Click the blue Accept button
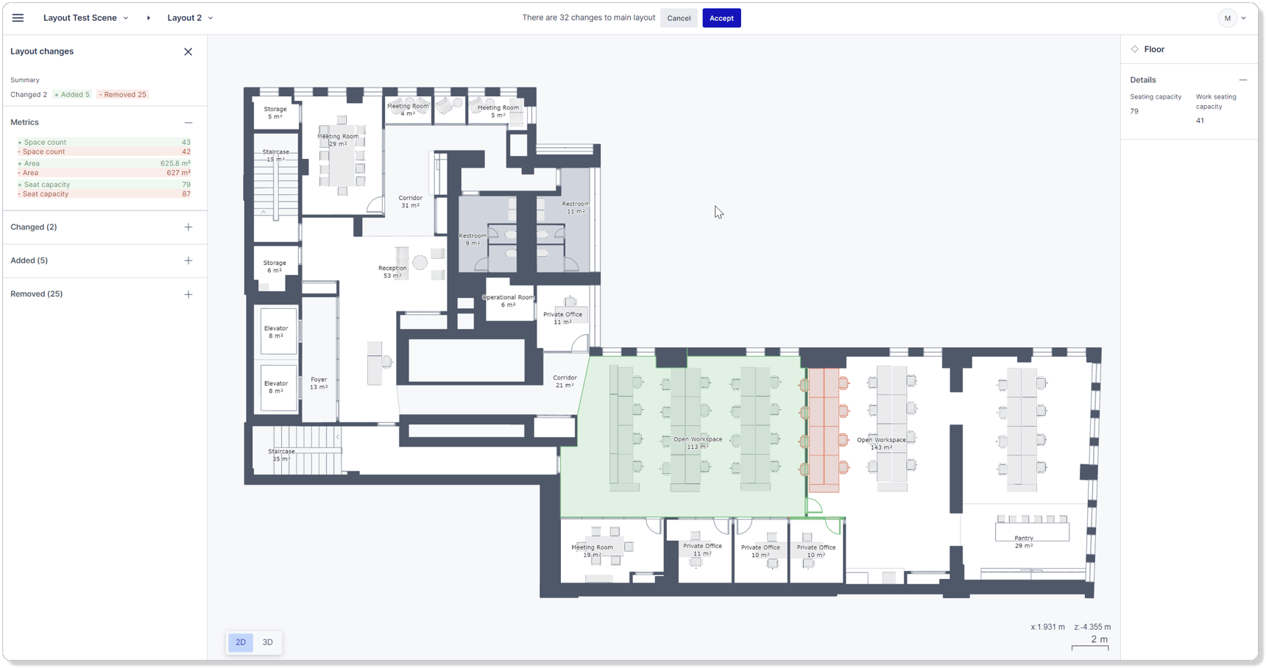pyautogui.click(x=721, y=18)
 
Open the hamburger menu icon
pyautogui.click(x=18, y=18)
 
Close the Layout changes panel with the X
pyautogui.click(x=188, y=51)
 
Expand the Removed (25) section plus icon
pyautogui.click(x=188, y=294)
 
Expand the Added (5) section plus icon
pyautogui.click(x=188, y=260)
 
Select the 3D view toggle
pyautogui.click(x=268, y=642)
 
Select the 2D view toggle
pyautogui.click(x=241, y=642)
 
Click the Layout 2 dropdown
pyautogui.click(x=190, y=18)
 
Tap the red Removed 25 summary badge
pyautogui.click(x=123, y=94)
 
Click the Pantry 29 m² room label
pyautogui.click(x=1023, y=541)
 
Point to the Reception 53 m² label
pyautogui.click(x=392, y=272)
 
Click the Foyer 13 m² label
pyautogui.click(x=319, y=383)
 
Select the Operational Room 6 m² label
pyautogui.click(x=508, y=301)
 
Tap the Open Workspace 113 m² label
pyautogui.click(x=697, y=443)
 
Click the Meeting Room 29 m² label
pyautogui.click(x=338, y=140)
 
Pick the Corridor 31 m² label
pyautogui.click(x=410, y=202)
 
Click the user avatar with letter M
pyautogui.click(x=1227, y=18)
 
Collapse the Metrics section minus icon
pyautogui.click(x=188, y=123)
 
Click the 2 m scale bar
pyautogui.click(x=1090, y=643)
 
